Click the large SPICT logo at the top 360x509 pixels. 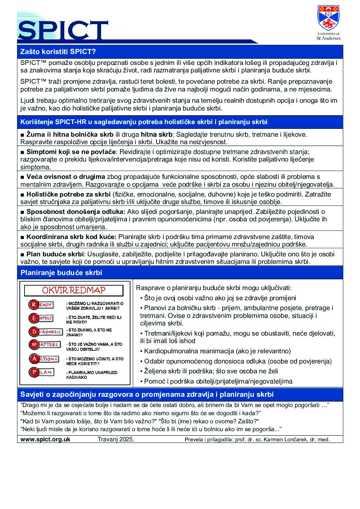63,30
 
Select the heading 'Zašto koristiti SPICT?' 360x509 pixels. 58,52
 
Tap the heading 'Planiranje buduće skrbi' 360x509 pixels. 61,273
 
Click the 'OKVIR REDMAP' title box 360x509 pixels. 73,290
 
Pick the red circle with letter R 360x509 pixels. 34,305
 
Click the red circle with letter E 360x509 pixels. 34,318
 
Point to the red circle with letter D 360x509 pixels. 34,332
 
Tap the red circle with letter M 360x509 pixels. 34,345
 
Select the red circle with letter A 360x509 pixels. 34,359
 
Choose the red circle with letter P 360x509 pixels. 34,372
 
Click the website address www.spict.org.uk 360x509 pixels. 45,439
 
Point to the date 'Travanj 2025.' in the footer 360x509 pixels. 116,439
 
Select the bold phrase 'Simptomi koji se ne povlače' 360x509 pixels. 71,152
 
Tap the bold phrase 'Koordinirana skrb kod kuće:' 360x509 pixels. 71,237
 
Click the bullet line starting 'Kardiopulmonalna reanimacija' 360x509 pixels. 217,351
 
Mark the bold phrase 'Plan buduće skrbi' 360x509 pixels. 55,254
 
